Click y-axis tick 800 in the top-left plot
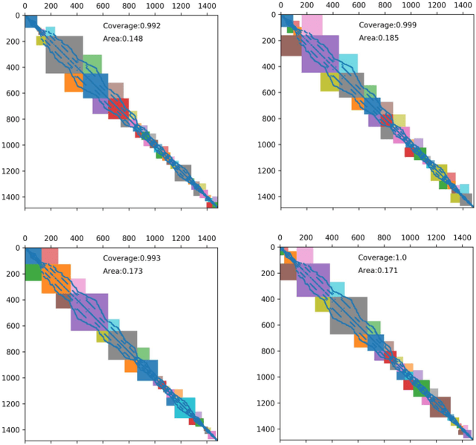tap(11, 119)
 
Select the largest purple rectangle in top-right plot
tap(320, 54)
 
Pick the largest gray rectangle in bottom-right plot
tap(348, 316)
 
